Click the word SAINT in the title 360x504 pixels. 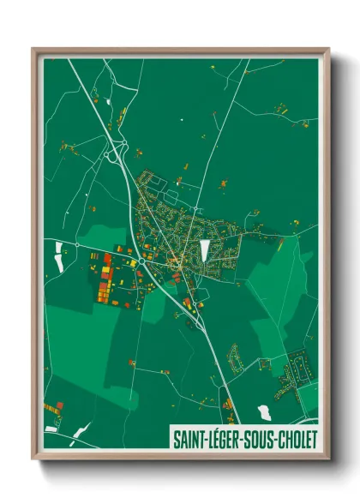pos(189,440)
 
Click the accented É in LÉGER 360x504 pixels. pos(219,440)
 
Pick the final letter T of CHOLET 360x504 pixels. pos(314,440)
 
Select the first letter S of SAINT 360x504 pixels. pos(177,440)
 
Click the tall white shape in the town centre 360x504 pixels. pos(205,251)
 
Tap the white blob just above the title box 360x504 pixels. pos(265,412)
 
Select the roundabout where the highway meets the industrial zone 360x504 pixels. pos(135,261)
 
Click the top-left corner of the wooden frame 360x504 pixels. pos(33,50)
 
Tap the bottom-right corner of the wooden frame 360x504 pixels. pos(327,461)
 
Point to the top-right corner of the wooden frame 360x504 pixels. pos(327,50)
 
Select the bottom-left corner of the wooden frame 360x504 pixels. pos(33,461)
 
